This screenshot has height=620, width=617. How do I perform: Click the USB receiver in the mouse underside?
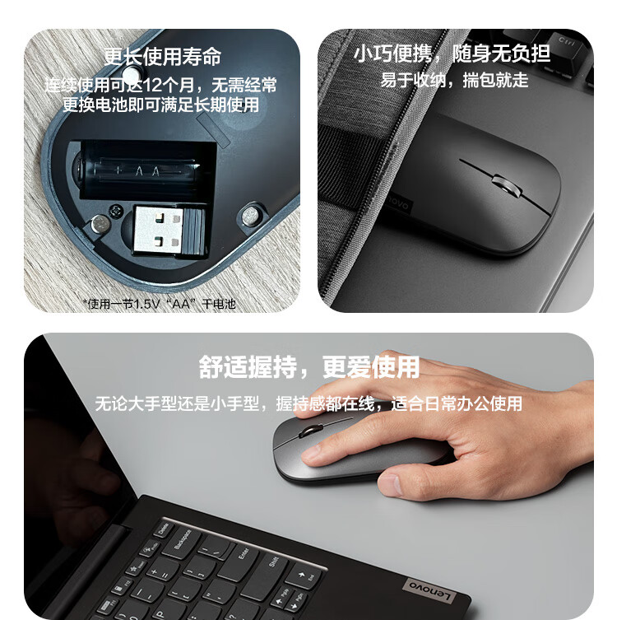169,231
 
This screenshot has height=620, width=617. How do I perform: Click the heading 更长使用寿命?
162,57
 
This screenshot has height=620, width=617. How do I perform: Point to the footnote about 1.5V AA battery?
160,304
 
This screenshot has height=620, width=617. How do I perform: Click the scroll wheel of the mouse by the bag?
507,186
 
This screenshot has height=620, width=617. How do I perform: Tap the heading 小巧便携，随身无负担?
452,54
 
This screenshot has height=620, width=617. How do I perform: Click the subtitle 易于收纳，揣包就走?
454,80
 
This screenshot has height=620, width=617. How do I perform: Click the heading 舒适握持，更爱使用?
308,367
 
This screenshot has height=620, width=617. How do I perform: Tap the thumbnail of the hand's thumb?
391,484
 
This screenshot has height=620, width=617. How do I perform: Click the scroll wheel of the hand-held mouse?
311,431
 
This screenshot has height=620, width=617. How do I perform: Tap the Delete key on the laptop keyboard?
164,529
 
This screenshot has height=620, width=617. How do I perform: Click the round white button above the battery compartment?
132,74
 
